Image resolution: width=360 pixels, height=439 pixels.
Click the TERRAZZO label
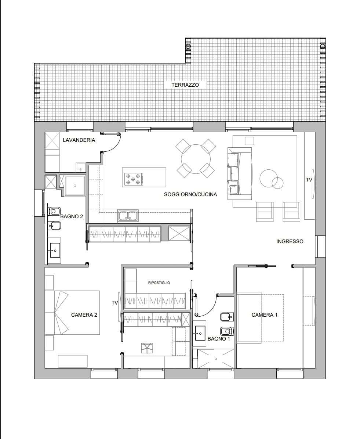click(185, 85)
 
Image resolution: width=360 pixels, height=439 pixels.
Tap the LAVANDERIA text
click(79, 140)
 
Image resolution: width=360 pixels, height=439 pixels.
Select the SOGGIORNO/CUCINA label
click(190, 194)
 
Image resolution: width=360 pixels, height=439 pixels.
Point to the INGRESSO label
click(290, 241)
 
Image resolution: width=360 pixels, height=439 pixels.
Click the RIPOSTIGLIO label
click(159, 283)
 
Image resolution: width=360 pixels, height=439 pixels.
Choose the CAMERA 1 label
click(264, 315)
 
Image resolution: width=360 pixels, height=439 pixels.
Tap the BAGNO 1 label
click(219, 339)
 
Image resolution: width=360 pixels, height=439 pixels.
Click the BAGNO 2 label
click(72, 216)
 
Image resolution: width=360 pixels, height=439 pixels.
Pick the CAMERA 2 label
click(84, 315)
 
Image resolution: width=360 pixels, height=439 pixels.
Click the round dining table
click(196, 159)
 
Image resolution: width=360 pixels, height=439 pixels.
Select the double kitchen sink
click(128, 216)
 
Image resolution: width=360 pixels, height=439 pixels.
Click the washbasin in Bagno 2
click(55, 250)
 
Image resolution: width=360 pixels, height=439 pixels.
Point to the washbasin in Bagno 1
click(200, 333)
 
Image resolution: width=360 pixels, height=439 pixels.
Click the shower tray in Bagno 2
click(75, 186)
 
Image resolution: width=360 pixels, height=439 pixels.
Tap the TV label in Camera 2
click(115, 303)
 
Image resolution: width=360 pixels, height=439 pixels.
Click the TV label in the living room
click(309, 180)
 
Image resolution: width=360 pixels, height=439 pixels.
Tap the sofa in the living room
click(240, 174)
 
